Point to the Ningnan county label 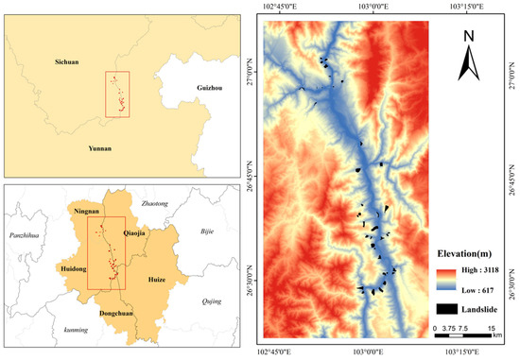pos(88,213)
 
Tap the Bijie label pos(208,231)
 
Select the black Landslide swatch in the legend pos(448,308)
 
